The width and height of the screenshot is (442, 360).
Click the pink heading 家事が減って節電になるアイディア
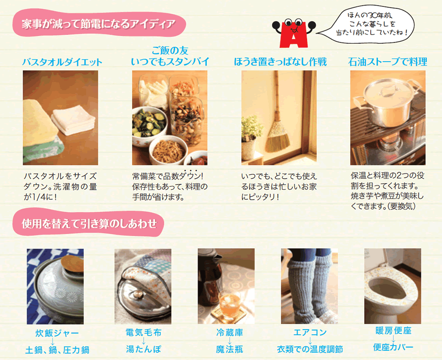click(x=99, y=23)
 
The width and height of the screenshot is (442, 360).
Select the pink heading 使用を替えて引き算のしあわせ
click(x=89, y=223)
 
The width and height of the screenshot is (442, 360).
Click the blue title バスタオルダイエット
click(x=62, y=62)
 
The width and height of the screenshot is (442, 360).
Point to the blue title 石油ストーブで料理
click(x=388, y=61)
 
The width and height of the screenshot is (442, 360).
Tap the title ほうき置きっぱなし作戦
click(x=280, y=61)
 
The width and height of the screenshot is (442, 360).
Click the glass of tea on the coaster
click(x=229, y=303)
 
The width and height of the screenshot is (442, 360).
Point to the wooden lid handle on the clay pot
click(x=72, y=263)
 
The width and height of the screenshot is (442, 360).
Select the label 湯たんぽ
click(x=144, y=349)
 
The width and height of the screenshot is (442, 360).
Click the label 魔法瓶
click(x=229, y=349)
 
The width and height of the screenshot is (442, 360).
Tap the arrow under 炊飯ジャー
click(x=52, y=341)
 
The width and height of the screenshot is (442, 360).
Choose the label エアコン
click(x=310, y=332)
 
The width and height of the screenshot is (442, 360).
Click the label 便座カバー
click(x=393, y=347)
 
